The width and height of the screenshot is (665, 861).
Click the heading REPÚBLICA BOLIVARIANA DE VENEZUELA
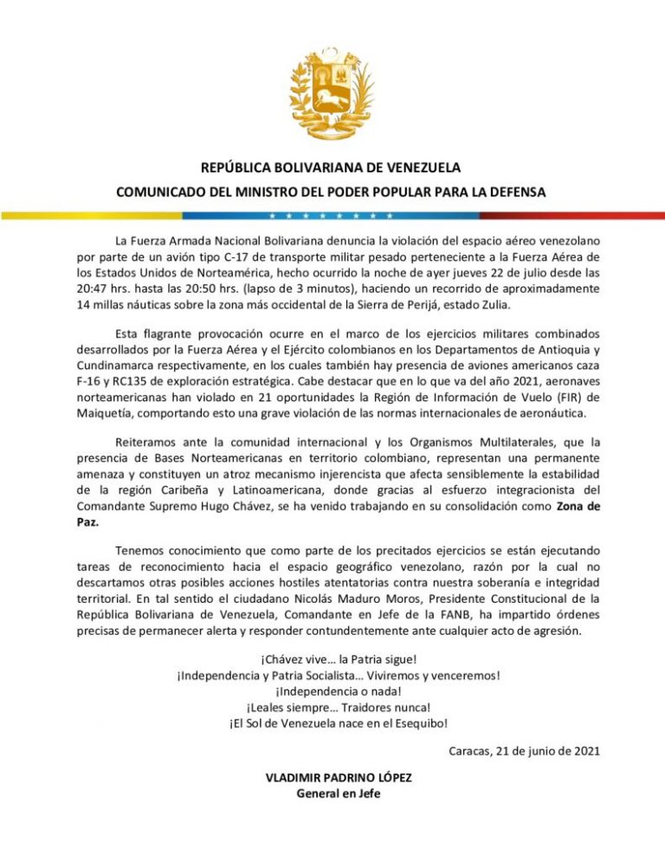coord(332,167)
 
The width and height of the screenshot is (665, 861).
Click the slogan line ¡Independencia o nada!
coord(332,691)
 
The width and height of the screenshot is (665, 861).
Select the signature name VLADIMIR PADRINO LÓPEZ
coord(338,778)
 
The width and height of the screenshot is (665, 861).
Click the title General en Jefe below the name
coord(338,793)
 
